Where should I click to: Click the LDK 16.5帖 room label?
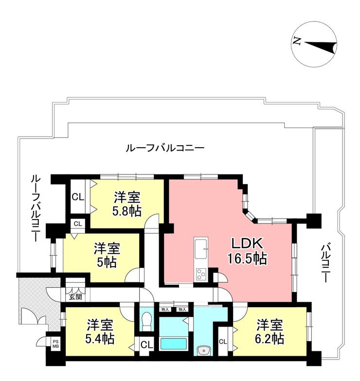247,251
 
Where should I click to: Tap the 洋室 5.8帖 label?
126,204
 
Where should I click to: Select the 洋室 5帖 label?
107,255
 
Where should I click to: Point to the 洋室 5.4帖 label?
100,332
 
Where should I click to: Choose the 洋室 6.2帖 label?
270,332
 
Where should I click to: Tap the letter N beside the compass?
297,41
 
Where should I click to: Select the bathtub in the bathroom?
174,344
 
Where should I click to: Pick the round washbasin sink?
203,350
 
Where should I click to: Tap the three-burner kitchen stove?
201,275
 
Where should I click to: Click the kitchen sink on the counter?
200,249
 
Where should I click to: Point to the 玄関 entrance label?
75,296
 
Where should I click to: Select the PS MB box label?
55,344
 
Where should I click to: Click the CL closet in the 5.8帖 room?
78,197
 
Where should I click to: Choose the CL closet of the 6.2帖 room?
223,342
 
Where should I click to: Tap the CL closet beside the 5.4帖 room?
147,344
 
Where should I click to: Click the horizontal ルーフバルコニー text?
165,148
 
